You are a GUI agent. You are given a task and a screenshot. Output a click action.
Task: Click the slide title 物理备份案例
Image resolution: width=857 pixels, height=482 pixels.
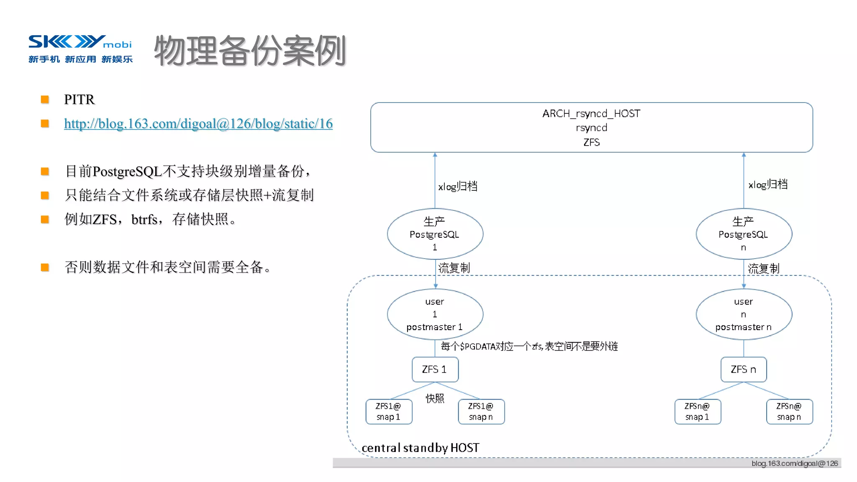[250, 51]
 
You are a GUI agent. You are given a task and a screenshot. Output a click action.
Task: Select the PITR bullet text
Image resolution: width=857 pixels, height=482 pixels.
[80, 100]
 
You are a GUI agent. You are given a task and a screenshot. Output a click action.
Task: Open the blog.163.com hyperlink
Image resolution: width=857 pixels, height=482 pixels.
[198, 124]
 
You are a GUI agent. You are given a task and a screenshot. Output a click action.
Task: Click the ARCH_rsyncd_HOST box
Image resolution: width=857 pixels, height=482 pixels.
[591, 127]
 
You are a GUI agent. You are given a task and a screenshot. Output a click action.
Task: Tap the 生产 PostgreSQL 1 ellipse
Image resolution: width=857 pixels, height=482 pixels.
[435, 234]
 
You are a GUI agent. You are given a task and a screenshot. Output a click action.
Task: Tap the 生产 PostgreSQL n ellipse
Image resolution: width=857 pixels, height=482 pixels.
[744, 234]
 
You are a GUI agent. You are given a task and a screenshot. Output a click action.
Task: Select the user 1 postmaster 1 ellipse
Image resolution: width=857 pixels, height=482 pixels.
[435, 314]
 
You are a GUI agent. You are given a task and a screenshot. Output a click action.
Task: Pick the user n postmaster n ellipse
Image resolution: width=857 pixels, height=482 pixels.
[744, 314]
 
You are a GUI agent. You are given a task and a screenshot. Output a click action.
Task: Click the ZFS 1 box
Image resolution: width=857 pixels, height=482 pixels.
[435, 369]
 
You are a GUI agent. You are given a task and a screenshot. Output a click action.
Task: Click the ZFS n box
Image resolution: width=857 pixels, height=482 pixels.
[744, 369]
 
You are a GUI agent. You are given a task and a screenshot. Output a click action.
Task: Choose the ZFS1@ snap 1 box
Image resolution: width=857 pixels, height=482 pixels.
[389, 412]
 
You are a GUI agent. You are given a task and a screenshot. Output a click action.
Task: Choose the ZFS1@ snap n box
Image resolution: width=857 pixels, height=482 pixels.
[481, 412]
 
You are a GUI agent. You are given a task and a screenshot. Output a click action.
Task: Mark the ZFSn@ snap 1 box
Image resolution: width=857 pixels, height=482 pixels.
[697, 412]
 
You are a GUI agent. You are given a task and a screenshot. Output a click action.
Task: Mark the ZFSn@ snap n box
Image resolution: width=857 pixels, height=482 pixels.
[789, 412]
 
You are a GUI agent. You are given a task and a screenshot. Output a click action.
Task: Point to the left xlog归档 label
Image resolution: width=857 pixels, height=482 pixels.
[457, 187]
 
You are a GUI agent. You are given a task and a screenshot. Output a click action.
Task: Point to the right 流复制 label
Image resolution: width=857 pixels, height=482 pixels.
[763, 269]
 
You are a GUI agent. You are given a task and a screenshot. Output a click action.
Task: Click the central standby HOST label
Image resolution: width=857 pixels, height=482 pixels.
[420, 448]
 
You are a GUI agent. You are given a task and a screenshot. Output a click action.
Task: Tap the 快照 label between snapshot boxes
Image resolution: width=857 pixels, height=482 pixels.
[435, 398]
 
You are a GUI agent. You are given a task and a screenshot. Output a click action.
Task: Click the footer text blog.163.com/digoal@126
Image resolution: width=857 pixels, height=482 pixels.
[794, 464]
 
